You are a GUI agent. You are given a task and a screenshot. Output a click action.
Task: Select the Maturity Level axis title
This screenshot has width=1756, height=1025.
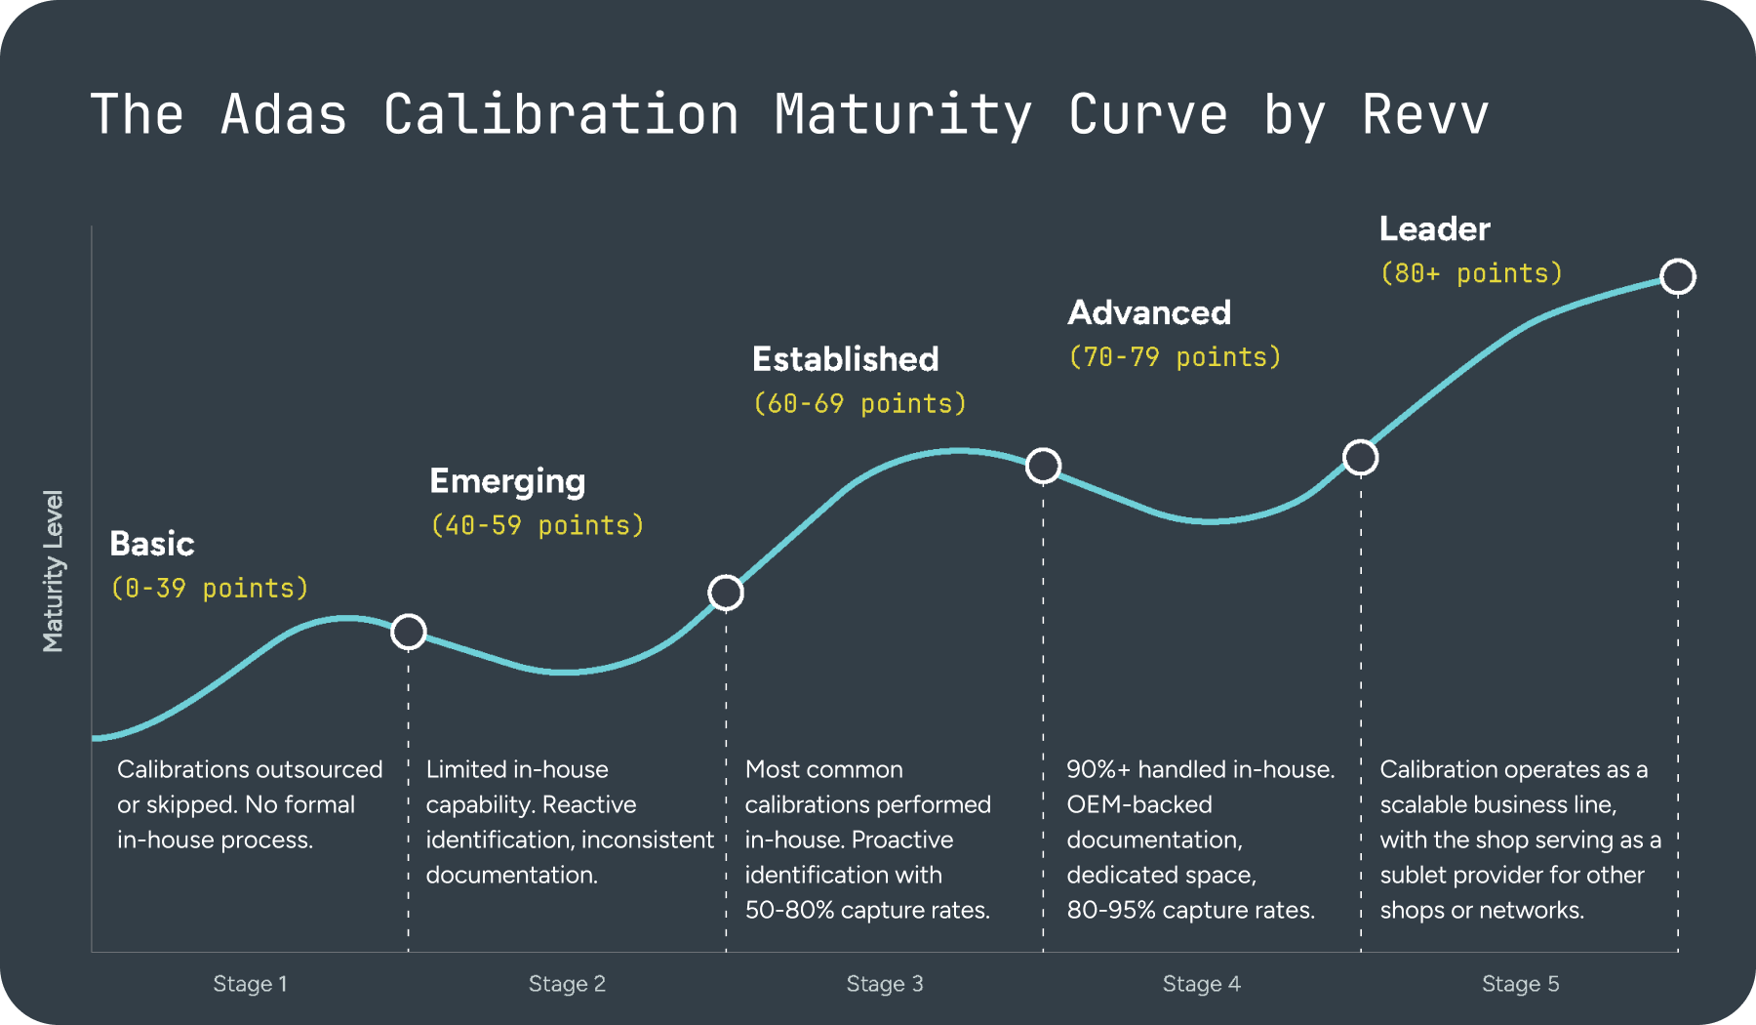tap(53, 571)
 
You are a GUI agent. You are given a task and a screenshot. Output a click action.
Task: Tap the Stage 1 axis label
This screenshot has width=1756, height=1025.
tap(250, 984)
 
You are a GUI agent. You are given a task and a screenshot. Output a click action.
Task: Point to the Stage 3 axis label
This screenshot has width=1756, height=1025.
tap(884, 984)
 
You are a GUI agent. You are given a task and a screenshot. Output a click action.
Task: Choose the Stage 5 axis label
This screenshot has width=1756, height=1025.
tap(1520, 984)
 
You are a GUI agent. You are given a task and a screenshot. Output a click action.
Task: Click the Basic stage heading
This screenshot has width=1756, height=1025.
tap(152, 544)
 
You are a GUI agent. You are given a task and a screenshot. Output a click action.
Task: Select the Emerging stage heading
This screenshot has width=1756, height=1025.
tap(507, 481)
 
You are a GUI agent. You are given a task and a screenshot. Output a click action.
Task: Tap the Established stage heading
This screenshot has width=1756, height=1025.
tap(845, 359)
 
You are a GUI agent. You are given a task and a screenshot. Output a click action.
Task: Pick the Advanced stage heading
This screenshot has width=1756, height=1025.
tap(1149, 312)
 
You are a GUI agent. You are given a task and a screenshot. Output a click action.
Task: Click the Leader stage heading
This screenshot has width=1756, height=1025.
tap(1434, 229)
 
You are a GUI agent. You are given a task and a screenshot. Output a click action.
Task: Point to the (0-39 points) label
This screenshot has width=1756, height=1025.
tap(210, 588)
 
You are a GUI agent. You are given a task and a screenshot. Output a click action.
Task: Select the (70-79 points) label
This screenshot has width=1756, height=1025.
tap(1175, 357)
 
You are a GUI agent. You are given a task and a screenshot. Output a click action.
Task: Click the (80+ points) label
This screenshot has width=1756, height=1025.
tap(1471, 273)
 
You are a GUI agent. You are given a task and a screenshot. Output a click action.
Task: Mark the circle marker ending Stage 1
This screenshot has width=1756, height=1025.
tap(409, 632)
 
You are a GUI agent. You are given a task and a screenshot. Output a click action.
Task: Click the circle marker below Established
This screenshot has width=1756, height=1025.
tap(1043, 466)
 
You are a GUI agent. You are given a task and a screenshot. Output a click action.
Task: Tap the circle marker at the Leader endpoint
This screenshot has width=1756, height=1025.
tap(1678, 276)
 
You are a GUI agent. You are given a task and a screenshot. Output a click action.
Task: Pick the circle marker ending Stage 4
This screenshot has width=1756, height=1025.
tap(1360, 457)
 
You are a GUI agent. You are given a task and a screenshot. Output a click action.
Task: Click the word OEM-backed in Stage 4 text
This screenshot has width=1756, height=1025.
tap(1138, 804)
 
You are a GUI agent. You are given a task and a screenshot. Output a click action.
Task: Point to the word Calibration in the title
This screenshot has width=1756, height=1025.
tap(561, 115)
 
